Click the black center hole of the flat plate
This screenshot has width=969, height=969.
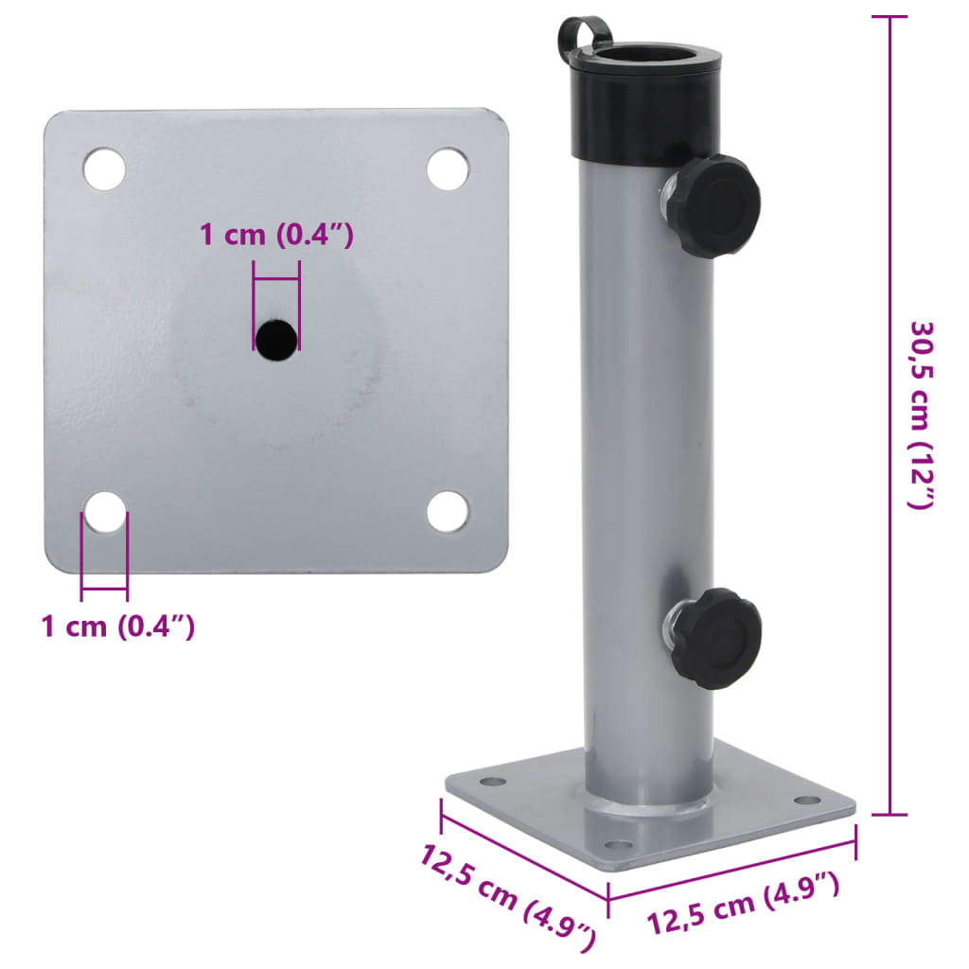pos(276,339)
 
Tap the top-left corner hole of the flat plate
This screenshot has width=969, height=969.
pos(104,168)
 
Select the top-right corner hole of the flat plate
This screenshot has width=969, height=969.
pos(448,168)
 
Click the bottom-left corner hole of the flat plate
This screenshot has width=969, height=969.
pos(104,512)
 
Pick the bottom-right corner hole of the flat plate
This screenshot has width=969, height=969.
pos(448,512)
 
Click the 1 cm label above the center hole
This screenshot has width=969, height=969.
pos(276,235)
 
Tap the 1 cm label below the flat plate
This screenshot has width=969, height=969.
pos(118,625)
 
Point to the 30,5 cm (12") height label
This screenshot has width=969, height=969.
pos(923,414)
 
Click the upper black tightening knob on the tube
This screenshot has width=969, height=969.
pos(719,205)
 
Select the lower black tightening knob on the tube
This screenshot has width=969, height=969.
pos(719,638)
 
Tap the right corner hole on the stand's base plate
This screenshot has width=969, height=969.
pos(806,801)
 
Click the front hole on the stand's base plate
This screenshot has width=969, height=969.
pos(616,845)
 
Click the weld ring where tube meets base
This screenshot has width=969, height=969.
pos(646,810)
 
